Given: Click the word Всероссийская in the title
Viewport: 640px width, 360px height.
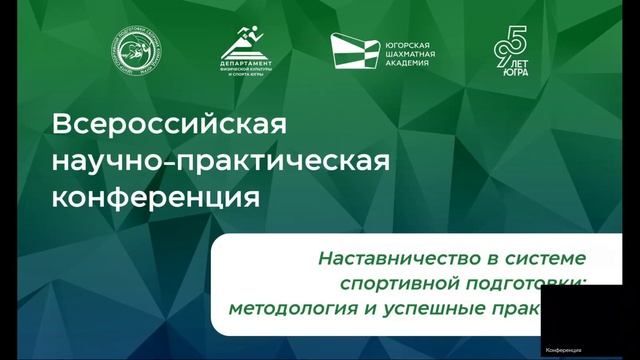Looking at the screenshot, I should (168, 127).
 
